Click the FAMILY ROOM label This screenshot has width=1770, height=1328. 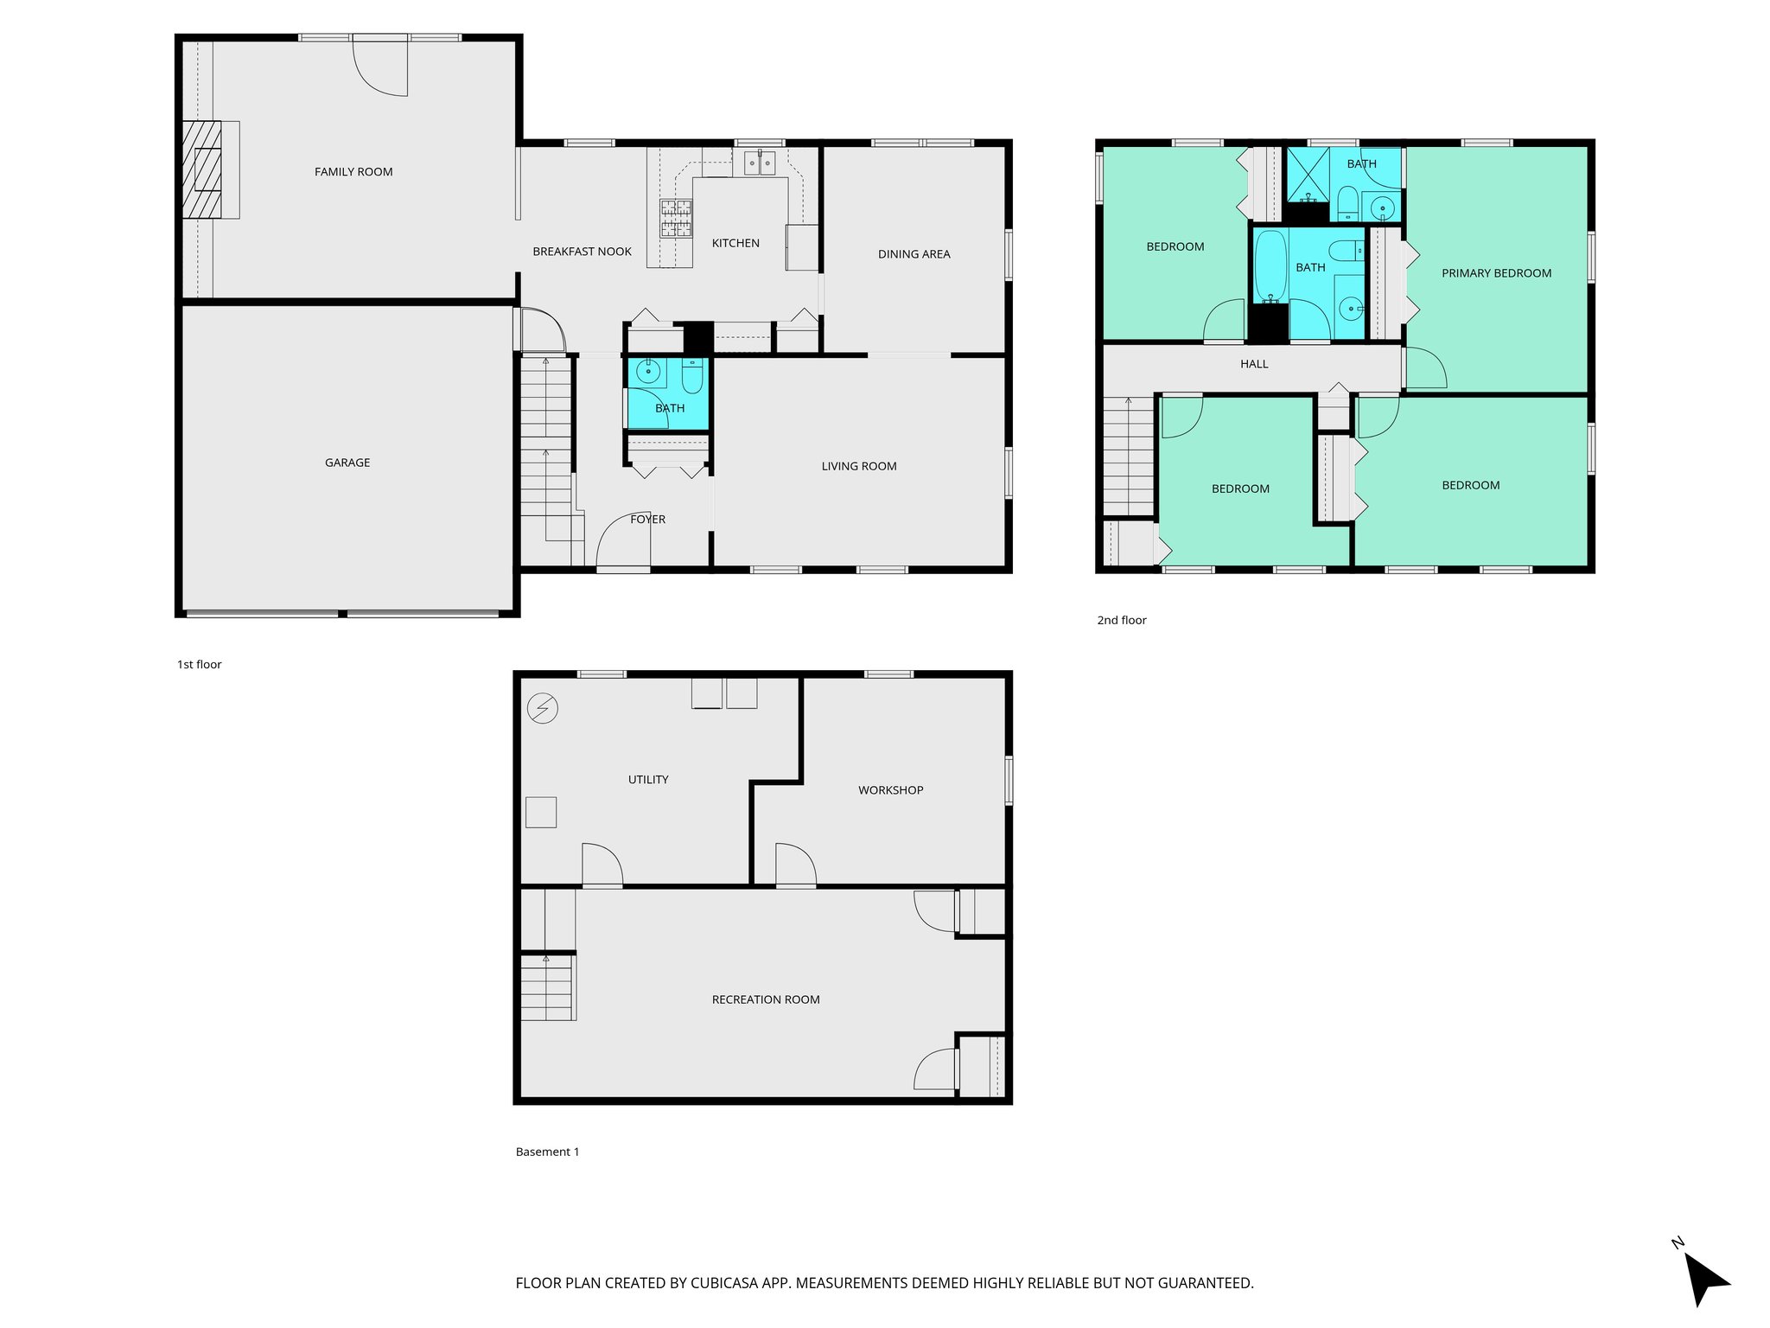pyautogui.click(x=353, y=172)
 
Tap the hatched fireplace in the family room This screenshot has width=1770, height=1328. pyautogui.click(x=202, y=169)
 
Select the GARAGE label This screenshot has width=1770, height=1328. pyautogui.click(x=347, y=463)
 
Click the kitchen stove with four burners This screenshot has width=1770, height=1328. pyautogui.click(x=676, y=218)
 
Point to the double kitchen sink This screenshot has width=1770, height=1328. pyautogui.click(x=760, y=163)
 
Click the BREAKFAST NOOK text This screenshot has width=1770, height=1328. pyautogui.click(x=582, y=252)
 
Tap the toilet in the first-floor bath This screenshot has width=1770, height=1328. pyautogui.click(x=692, y=377)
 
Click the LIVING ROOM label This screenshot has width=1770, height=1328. pyautogui.click(x=858, y=466)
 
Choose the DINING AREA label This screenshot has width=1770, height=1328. pyautogui.click(x=914, y=254)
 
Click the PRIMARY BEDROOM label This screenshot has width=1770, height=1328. pyautogui.click(x=1496, y=273)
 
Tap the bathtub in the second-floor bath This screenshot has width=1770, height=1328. pyautogui.click(x=1270, y=267)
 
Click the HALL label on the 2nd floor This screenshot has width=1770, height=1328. pyautogui.click(x=1254, y=364)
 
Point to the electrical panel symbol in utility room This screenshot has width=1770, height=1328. pyautogui.click(x=543, y=709)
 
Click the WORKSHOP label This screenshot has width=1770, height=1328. pyautogui.click(x=890, y=790)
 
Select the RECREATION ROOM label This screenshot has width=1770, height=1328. pyautogui.click(x=766, y=999)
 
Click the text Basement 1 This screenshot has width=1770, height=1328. pyautogui.click(x=547, y=1152)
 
